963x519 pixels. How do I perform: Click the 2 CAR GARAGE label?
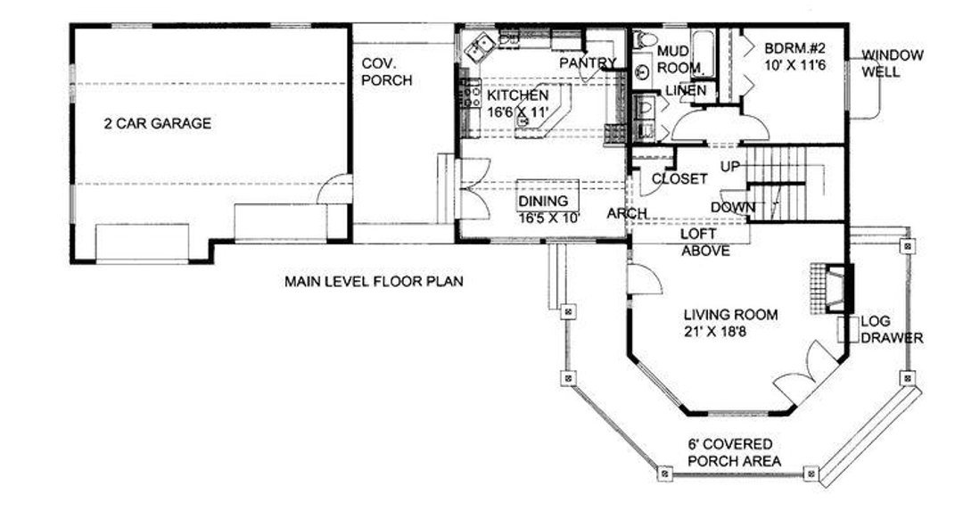coord(158,123)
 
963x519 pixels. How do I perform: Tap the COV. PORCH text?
coord(386,72)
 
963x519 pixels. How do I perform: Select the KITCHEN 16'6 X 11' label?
coord(518,103)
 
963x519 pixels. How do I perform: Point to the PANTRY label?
coord(588,62)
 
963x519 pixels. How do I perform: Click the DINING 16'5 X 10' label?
coord(549,210)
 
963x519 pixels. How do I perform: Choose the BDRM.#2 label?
coord(795,56)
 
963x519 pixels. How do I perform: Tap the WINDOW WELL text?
coord(893,63)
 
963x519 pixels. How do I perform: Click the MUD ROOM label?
coord(679,60)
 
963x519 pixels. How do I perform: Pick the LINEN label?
coord(686,91)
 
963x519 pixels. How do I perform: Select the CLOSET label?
coord(679,178)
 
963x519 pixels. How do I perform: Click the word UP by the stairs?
coord(729,167)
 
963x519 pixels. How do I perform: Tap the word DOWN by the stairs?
coord(733,208)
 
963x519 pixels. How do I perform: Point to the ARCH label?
coord(627,213)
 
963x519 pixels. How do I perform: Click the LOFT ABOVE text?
coord(705,242)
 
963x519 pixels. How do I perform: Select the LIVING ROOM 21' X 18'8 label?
coord(731,323)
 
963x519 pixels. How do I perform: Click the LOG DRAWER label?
coord(892,329)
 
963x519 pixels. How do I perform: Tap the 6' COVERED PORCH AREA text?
coord(734,453)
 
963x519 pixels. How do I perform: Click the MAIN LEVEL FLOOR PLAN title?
coord(374,282)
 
